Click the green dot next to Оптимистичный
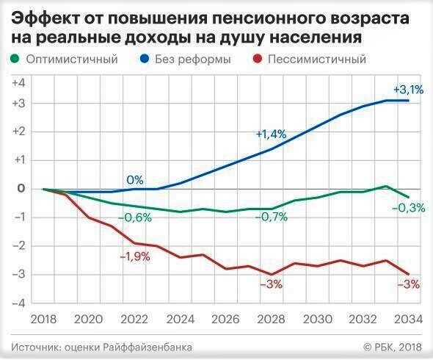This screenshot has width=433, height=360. (15, 59)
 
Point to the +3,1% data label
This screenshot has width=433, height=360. (407, 90)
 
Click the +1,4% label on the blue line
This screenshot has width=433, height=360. (270, 134)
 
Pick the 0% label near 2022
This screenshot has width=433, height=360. (134, 179)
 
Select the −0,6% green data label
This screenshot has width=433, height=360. (134, 217)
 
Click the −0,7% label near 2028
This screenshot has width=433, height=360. (271, 217)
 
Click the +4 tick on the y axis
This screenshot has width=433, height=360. (18, 82)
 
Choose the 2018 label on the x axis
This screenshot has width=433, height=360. (44, 319)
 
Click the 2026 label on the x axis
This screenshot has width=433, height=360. (226, 319)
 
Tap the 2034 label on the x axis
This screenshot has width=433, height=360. (407, 319)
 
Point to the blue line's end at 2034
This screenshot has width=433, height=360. (408, 100)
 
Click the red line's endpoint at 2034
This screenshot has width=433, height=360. (408, 274)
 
